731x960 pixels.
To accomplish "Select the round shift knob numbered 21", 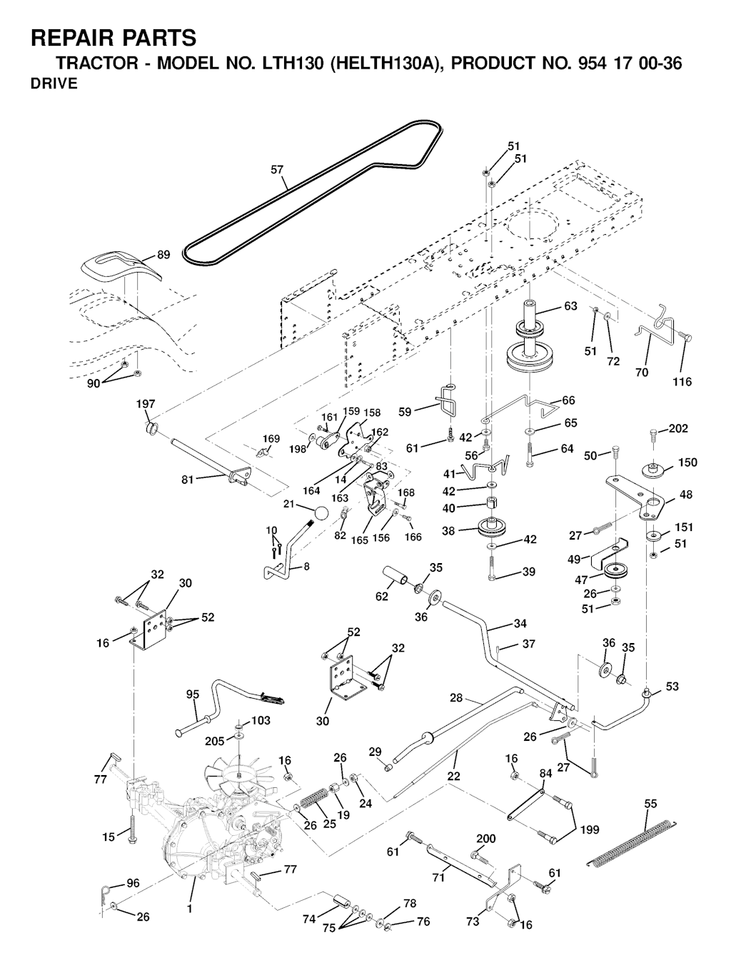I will (321, 514).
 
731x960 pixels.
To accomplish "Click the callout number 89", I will (163, 255).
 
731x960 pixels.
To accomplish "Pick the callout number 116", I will (682, 382).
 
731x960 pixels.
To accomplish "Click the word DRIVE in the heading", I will (54, 84).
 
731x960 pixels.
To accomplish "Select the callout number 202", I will (678, 429).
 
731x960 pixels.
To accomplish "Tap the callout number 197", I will (146, 405).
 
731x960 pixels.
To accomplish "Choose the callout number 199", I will (589, 829).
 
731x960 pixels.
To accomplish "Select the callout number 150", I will (687, 463).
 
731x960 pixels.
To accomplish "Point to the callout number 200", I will (485, 839).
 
